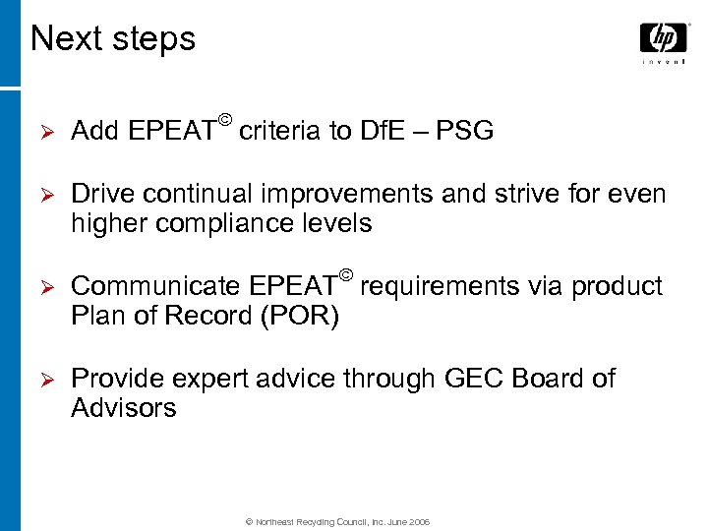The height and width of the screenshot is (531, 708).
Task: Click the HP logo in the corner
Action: pos(663,38)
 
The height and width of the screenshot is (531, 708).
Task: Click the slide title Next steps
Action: pos(113,39)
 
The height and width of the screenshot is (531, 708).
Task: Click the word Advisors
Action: pos(124,408)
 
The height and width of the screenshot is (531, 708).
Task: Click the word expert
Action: pos(213,379)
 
